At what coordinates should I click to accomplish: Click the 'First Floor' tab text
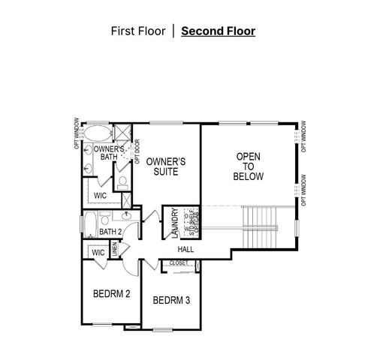137,31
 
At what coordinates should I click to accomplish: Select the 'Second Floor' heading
218,31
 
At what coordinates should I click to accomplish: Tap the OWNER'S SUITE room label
166,166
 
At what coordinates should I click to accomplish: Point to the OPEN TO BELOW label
249,166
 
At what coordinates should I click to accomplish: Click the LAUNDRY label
175,222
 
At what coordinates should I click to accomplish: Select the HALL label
186,249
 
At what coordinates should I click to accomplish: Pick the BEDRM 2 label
112,294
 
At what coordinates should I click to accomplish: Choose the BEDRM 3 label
171,301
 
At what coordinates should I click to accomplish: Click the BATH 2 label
110,232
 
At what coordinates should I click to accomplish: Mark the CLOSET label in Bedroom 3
179,263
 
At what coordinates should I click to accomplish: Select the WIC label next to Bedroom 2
98,253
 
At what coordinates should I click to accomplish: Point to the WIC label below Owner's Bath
101,195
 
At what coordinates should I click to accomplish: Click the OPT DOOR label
137,151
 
